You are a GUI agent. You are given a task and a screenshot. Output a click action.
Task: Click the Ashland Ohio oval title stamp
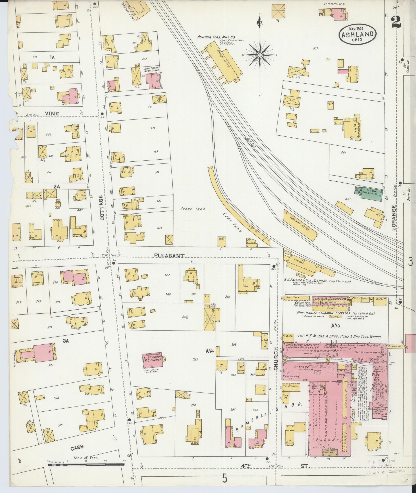point(357,34)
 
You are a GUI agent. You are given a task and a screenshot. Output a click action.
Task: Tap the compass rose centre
point(260,55)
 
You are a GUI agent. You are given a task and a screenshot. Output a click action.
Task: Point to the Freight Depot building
point(301,225)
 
